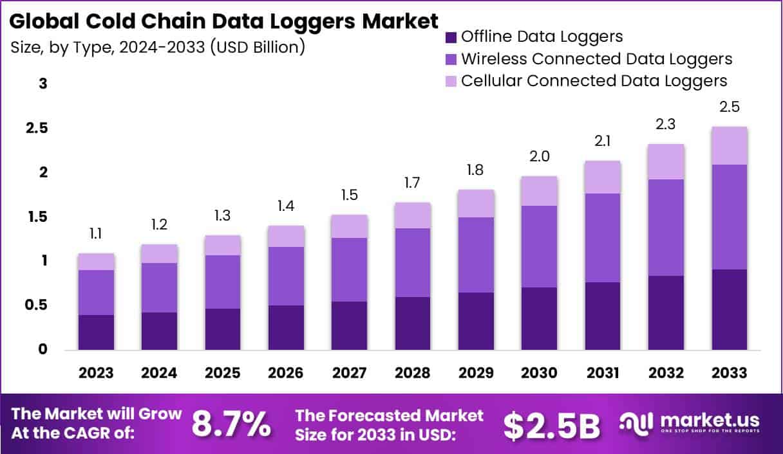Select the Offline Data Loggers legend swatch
(x=451, y=37)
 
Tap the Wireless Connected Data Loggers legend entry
(x=596, y=59)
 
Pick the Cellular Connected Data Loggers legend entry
(x=594, y=81)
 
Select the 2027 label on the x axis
(x=350, y=374)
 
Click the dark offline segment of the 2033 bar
(x=729, y=309)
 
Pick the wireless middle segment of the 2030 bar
(x=538, y=246)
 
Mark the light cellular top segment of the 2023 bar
(x=96, y=262)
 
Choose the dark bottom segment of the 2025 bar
(x=223, y=329)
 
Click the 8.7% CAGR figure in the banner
(x=232, y=424)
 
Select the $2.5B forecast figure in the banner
(x=552, y=424)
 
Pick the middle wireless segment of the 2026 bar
(x=287, y=276)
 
